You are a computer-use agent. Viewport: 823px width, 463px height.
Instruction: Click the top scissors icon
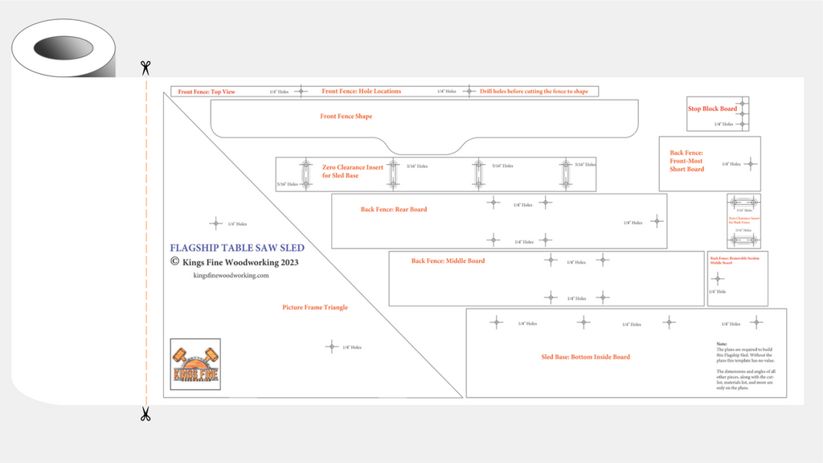pos(145,68)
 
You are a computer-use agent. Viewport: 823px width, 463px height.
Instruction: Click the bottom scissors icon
pos(145,414)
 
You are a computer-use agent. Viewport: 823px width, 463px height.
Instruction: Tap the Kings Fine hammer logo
pos(195,364)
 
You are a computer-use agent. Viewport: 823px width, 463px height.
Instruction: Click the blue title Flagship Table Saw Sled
pos(237,248)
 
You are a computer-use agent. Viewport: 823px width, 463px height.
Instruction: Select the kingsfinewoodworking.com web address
pos(231,275)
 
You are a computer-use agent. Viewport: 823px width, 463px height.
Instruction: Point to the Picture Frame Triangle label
pos(315,307)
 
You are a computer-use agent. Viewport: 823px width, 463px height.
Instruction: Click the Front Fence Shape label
pos(346,117)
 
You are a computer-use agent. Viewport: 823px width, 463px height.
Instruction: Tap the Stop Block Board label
pos(711,109)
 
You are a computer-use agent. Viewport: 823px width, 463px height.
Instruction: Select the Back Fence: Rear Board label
pos(394,209)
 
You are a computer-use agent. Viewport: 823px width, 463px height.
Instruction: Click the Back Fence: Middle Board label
pos(448,260)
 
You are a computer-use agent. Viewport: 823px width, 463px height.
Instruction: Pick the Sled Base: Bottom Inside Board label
pos(585,356)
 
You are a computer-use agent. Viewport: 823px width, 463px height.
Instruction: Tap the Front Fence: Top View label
pos(207,92)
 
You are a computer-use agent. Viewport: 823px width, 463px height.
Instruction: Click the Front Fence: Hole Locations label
pos(361,92)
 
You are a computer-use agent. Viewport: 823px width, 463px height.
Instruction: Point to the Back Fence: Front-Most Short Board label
pos(686,161)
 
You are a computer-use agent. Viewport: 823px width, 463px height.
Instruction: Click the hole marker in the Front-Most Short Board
pos(750,164)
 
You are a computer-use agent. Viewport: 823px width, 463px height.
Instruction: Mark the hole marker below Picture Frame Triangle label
pos(331,346)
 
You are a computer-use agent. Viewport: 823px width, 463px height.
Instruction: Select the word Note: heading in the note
pos(721,343)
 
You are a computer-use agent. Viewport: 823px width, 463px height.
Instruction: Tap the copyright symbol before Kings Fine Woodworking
pos(174,261)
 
